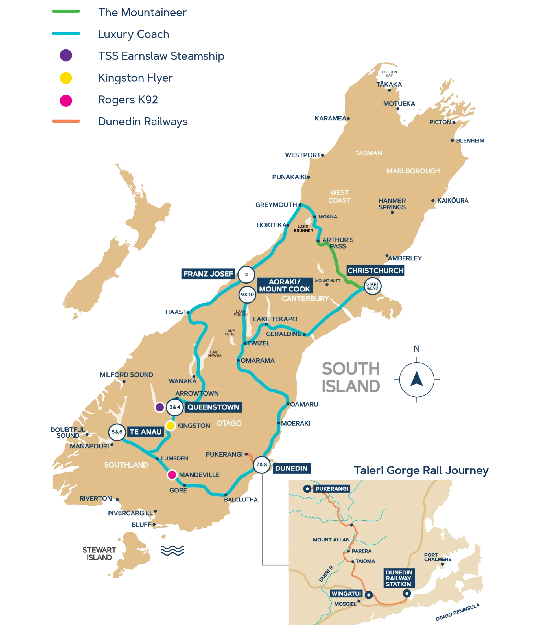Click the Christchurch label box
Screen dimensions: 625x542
[x=375, y=271]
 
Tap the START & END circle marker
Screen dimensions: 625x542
[x=372, y=286]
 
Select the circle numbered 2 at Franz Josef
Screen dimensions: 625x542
[x=246, y=275]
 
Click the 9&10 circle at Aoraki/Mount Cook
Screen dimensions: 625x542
[x=247, y=295]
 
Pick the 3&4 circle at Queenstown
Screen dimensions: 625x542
[x=174, y=407]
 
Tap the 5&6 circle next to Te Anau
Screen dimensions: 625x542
[x=117, y=432]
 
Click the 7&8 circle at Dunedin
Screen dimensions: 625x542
[x=262, y=464]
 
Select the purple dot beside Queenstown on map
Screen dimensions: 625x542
[x=160, y=407]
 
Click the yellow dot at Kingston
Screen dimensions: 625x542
[x=171, y=426]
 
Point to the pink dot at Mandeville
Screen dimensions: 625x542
[x=172, y=475]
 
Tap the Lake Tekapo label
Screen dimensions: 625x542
[x=275, y=319]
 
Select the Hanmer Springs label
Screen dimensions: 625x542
[x=392, y=204]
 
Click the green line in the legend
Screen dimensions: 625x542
[x=65, y=12]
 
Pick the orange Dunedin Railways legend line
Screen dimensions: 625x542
[x=65, y=122]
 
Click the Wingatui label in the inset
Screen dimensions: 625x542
[x=346, y=594]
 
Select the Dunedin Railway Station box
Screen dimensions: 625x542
[x=398, y=578]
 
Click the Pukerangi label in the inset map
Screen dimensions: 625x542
[x=331, y=489]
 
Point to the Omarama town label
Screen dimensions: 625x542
[x=257, y=360]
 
